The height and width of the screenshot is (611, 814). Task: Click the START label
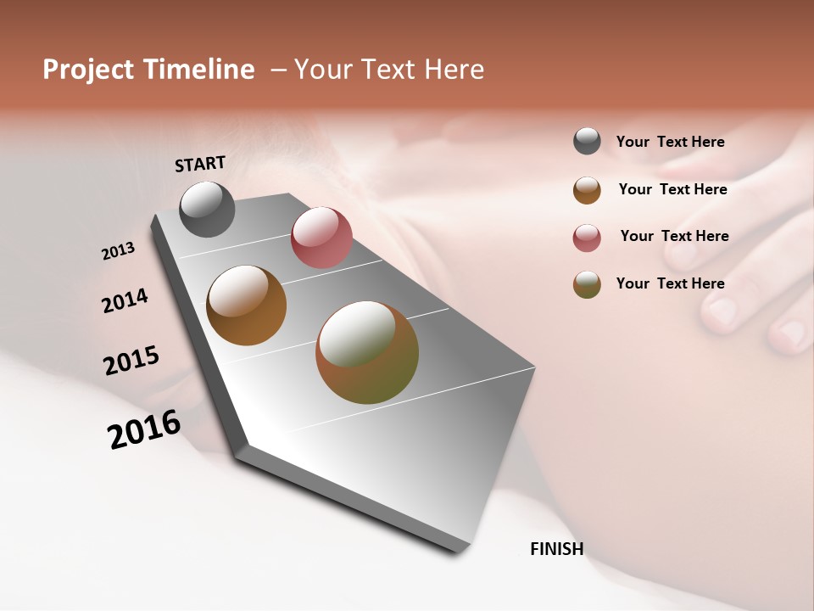pyautogui.click(x=200, y=164)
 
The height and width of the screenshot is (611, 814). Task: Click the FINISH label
pyautogui.click(x=556, y=549)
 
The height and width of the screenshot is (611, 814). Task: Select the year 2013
pyautogui.click(x=118, y=251)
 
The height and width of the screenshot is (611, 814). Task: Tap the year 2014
pyautogui.click(x=125, y=300)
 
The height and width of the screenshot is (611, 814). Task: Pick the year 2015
pyautogui.click(x=131, y=361)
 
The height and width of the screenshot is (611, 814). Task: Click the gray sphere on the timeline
pyautogui.click(x=208, y=210)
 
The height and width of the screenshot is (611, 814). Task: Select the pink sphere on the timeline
pyautogui.click(x=321, y=238)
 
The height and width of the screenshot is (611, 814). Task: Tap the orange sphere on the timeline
pyautogui.click(x=247, y=305)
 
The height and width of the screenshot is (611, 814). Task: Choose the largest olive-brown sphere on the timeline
pyautogui.click(x=367, y=352)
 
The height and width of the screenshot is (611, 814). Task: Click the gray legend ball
pyautogui.click(x=587, y=142)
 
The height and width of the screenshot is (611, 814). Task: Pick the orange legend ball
pyautogui.click(x=587, y=190)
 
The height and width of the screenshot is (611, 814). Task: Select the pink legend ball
pyautogui.click(x=587, y=238)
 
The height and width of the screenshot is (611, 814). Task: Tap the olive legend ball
pyautogui.click(x=587, y=284)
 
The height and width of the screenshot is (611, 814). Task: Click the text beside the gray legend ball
pyautogui.click(x=670, y=142)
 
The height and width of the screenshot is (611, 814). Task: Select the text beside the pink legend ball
pyautogui.click(x=674, y=236)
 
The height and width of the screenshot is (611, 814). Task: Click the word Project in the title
pyautogui.click(x=88, y=70)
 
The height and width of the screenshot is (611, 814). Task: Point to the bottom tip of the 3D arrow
pyautogui.click(x=458, y=552)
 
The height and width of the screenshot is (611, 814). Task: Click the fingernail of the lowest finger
pyautogui.click(x=794, y=333)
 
